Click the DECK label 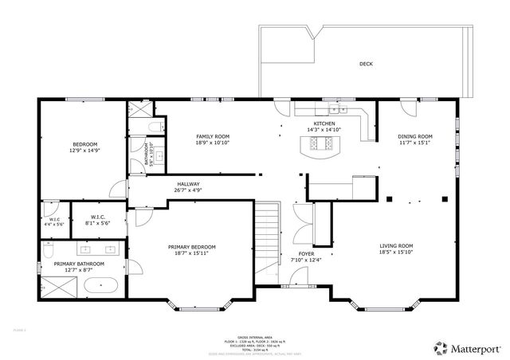coord(366,64)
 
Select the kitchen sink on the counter coord(335,110)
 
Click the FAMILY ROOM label coord(213,137)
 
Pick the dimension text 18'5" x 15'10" coord(396,252)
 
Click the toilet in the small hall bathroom coord(156,127)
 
